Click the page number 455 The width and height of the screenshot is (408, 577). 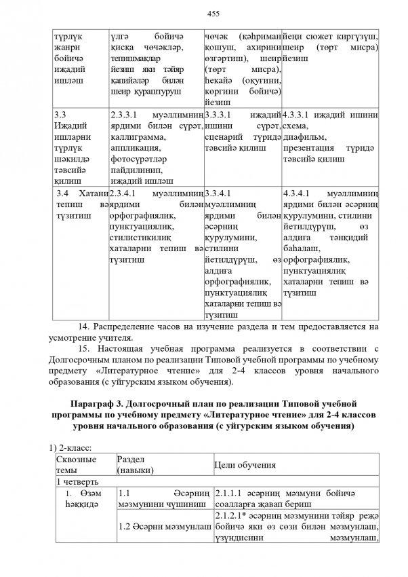204,12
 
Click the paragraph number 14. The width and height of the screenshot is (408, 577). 84,327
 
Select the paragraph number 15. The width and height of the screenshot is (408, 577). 84,349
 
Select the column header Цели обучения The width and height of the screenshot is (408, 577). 245,464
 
